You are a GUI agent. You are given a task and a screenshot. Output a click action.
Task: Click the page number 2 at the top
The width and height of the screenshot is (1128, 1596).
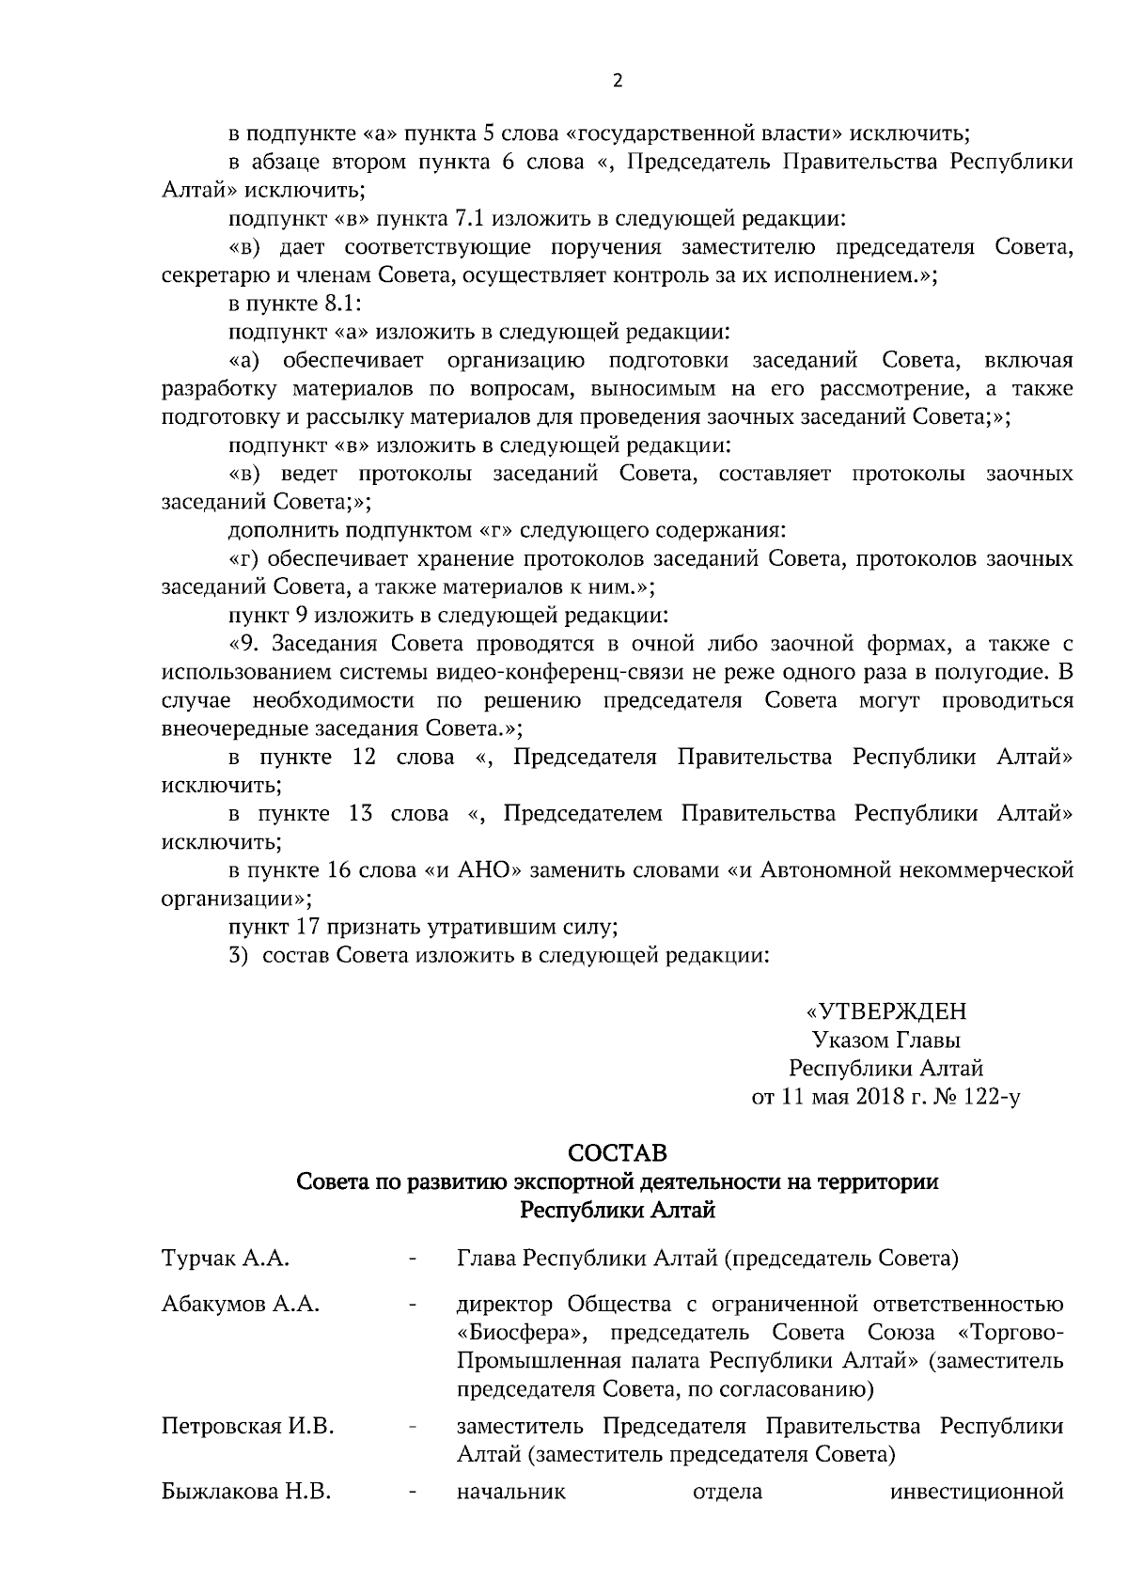coord(618,80)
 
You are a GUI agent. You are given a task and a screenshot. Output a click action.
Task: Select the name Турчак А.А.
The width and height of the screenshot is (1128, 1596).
coord(225,1259)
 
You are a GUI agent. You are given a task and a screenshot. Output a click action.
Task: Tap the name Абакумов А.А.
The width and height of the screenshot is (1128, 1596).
coord(241,1305)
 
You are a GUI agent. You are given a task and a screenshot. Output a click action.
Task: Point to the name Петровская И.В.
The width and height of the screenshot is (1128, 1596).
coord(248,1427)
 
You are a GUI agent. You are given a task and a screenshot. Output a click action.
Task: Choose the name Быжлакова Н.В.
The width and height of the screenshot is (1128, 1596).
coord(246,1492)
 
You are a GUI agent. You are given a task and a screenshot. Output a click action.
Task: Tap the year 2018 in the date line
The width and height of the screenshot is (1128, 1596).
coord(879,1097)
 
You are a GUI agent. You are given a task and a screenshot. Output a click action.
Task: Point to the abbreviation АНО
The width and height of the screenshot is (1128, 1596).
coord(487,870)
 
